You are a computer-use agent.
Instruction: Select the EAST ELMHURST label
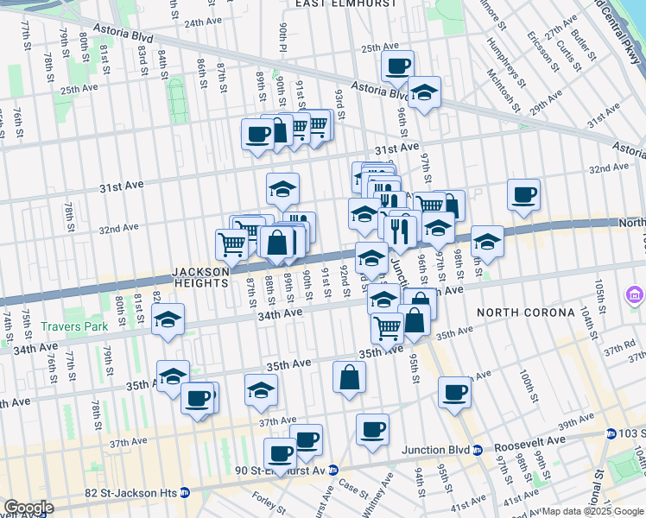click(x=346, y=4)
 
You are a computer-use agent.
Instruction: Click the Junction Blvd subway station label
click(x=440, y=450)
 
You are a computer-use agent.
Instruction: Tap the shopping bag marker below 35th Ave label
click(x=349, y=377)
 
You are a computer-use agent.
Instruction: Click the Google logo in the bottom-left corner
click(x=28, y=508)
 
